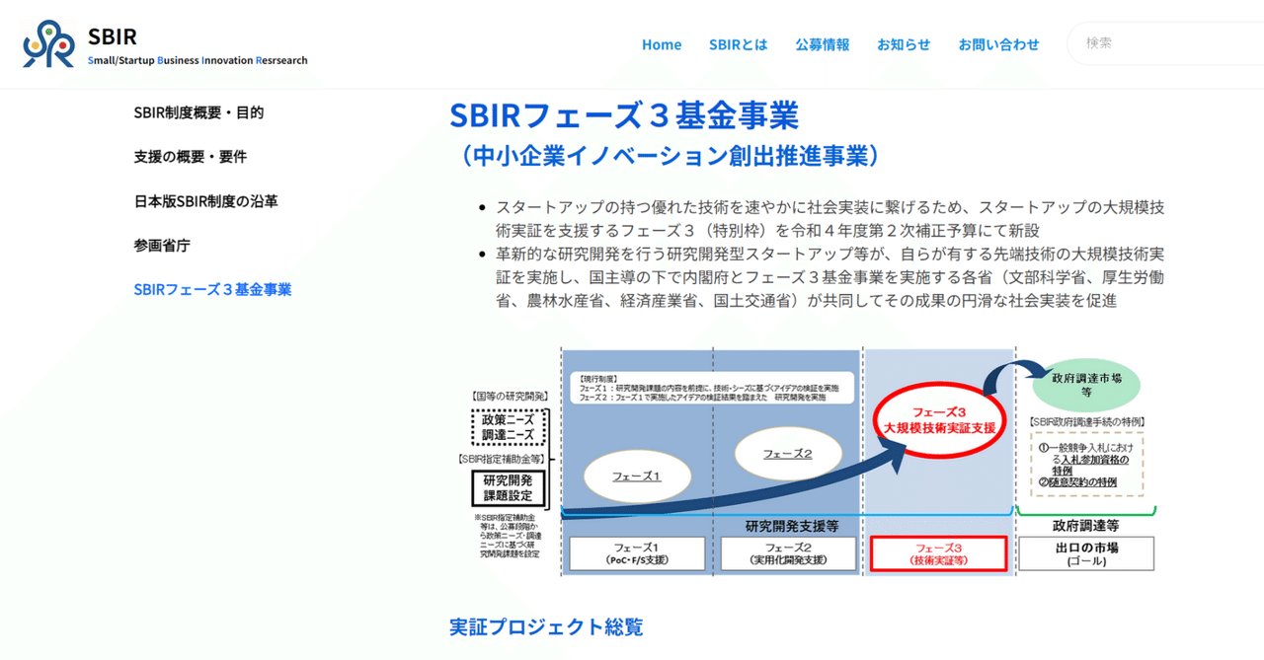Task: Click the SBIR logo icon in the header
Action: tap(48, 44)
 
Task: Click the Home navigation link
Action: tap(662, 44)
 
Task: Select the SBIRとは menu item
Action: tap(738, 44)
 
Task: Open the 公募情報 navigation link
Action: tap(822, 44)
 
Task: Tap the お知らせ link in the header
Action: tap(904, 44)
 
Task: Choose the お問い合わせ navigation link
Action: tap(998, 44)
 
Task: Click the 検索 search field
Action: tap(1165, 43)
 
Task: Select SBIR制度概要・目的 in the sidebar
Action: tap(198, 112)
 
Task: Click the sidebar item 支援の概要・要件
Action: tap(191, 157)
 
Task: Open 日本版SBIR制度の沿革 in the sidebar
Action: tap(205, 201)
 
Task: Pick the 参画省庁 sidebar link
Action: tap(162, 246)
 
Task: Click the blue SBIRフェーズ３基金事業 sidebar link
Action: tap(212, 290)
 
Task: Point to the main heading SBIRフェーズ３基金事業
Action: tap(623, 115)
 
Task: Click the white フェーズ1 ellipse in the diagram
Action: tap(636, 476)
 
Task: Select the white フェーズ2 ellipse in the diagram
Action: tap(787, 454)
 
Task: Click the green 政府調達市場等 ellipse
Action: tap(1085, 384)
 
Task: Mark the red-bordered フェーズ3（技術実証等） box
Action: tap(938, 553)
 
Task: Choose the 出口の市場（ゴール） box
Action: tap(1085, 553)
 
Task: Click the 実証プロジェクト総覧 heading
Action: tap(546, 626)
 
